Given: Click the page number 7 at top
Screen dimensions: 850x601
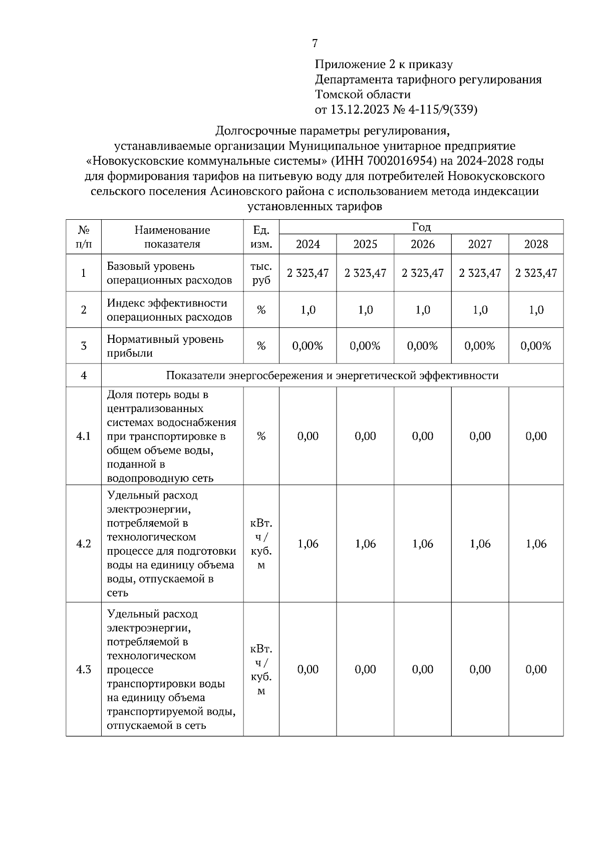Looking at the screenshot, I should (x=315, y=44).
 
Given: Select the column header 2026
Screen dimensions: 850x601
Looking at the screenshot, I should (x=423, y=244).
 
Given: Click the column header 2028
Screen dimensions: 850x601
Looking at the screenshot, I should (x=536, y=244).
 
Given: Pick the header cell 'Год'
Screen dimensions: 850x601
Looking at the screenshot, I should (x=421, y=227).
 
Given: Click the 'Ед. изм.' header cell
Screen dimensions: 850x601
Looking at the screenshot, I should (x=261, y=237).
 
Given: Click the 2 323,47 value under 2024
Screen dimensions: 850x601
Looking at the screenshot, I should (x=308, y=273).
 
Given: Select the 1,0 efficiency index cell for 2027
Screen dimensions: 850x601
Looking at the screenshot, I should (x=480, y=310).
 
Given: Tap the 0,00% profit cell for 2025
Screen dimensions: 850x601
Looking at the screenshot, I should (x=365, y=346).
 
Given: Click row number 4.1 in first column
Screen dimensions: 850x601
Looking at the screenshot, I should (x=83, y=436).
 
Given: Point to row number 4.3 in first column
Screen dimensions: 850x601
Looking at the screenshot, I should (x=83, y=669).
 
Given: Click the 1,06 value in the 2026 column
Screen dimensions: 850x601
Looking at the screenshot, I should (x=423, y=544).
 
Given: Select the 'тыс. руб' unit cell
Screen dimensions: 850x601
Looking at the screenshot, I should (x=261, y=273).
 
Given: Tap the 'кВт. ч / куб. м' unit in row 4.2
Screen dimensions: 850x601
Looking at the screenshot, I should (x=261, y=544).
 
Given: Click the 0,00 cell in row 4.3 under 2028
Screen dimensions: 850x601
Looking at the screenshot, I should (x=536, y=669).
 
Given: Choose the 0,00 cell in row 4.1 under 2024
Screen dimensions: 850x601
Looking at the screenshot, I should (x=308, y=436).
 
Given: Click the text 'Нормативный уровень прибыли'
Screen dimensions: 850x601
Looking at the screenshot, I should (x=165, y=346).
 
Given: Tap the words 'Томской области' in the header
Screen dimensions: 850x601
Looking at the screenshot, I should (x=363, y=94).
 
